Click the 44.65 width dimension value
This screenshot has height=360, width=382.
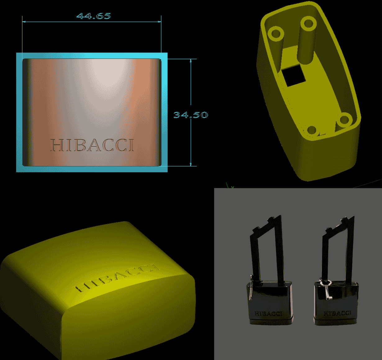tap(93, 16)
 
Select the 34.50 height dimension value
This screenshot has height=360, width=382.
tap(191, 115)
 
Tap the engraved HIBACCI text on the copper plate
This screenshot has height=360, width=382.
tap(92, 145)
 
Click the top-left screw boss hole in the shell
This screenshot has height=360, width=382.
tap(276, 33)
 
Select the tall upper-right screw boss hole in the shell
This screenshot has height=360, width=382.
tap(308, 24)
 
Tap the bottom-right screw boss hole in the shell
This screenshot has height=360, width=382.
tap(344, 120)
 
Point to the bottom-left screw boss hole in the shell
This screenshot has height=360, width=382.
tap(312, 130)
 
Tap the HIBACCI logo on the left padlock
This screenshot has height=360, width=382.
tap(268, 313)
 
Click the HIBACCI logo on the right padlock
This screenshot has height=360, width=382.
tap(337, 313)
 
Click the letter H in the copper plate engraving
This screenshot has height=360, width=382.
tap(56, 145)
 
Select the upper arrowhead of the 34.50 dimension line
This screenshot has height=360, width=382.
tap(191, 61)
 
